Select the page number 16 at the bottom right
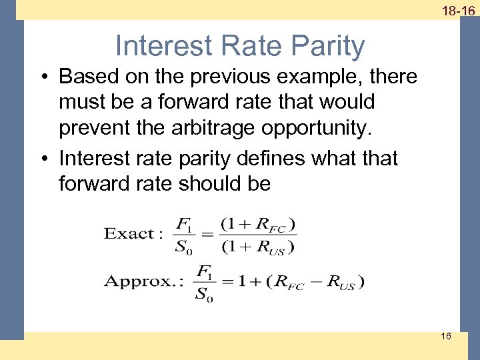pyautogui.click(x=445, y=336)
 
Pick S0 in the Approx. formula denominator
pyautogui.click(x=203, y=295)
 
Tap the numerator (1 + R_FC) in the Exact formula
pyautogui.click(x=258, y=223)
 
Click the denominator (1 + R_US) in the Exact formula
pyautogui.click(x=258, y=247)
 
